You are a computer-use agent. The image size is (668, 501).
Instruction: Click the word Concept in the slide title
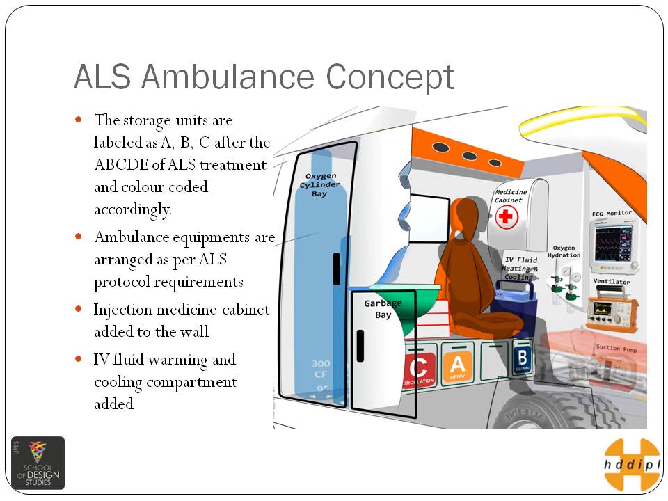tap(390, 77)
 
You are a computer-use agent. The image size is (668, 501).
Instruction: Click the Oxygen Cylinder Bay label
tap(320, 184)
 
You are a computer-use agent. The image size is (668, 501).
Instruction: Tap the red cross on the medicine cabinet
tap(506, 217)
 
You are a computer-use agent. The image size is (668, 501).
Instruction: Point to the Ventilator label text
tap(612, 282)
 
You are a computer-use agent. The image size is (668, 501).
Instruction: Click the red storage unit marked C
tap(419, 369)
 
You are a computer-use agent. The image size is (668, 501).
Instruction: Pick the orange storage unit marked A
tap(457, 365)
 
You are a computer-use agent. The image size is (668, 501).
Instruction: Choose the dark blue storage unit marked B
tap(521, 358)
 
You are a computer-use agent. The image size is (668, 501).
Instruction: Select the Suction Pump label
tap(617, 347)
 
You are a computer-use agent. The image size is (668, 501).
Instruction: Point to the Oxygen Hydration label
tap(564, 251)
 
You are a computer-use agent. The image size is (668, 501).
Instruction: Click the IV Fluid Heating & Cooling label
tap(520, 268)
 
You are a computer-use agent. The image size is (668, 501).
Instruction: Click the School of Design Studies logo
tap(38, 463)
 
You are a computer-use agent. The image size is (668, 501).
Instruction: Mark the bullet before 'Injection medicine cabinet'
tap(79, 308)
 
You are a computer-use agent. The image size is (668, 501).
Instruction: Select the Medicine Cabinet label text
tap(511, 196)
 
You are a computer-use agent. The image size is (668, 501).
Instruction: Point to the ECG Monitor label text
tap(612, 213)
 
